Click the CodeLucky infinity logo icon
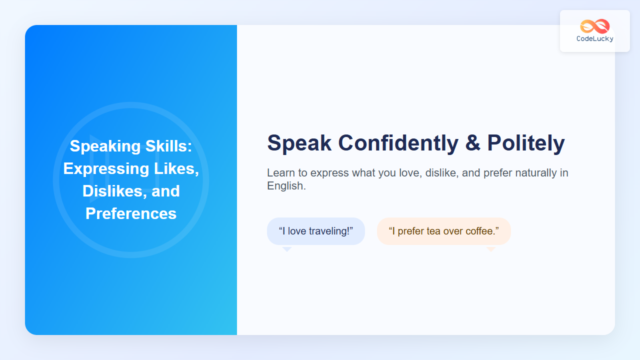tap(595, 26)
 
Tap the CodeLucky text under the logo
tap(595, 39)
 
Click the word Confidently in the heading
tap(398, 143)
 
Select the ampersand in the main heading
tap(472, 143)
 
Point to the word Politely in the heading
tap(526, 143)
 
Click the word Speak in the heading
tap(299, 143)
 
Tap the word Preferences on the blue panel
tap(131, 213)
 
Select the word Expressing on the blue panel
tap(106, 168)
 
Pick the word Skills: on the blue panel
tap(169, 146)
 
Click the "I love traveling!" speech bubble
tap(316, 231)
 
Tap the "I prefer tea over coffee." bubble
tap(443, 231)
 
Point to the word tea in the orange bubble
tap(434, 231)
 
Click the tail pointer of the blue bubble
tap(287, 249)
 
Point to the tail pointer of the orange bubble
tap(491, 249)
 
